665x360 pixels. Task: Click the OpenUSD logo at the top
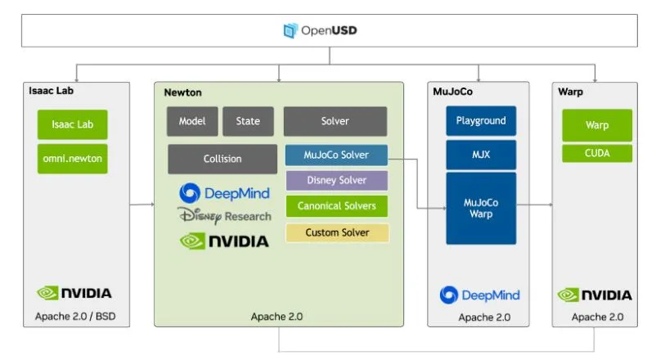click(320, 31)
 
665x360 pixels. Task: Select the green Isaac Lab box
click(73, 124)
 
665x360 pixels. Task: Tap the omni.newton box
click(73, 158)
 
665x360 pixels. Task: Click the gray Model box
click(192, 121)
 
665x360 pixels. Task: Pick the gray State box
click(248, 121)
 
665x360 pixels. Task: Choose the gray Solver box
click(335, 121)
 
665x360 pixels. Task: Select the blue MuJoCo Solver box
click(335, 155)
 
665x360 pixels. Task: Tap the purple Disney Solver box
click(336, 180)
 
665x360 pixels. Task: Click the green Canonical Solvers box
click(336, 206)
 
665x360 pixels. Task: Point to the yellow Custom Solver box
click(336, 232)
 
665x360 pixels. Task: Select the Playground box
click(481, 121)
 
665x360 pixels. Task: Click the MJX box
click(481, 154)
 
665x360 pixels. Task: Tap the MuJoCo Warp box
click(481, 208)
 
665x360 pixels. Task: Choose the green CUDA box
click(596, 153)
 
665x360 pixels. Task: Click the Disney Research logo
click(224, 216)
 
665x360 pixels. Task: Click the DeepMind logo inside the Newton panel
click(224, 193)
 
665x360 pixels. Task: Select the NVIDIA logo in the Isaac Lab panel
click(74, 293)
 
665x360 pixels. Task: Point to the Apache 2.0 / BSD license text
click(74, 317)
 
